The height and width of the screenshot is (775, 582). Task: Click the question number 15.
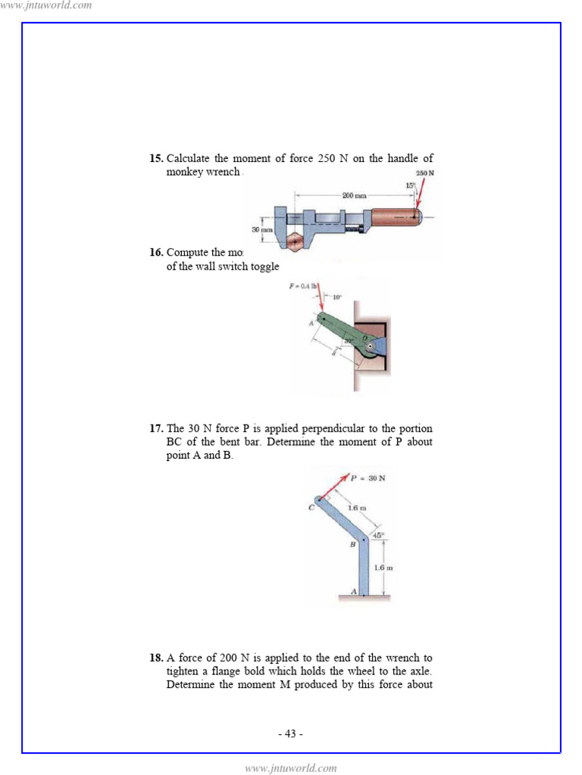(155, 159)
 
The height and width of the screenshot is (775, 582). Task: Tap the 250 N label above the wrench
(425, 173)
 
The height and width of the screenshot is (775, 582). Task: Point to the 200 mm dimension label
(354, 195)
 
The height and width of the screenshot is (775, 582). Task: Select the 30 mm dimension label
(261, 229)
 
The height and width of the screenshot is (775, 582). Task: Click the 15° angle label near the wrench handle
(411, 185)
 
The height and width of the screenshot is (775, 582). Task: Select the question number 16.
(155, 253)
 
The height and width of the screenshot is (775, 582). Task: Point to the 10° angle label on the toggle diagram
(336, 297)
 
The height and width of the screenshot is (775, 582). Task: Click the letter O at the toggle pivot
(362, 340)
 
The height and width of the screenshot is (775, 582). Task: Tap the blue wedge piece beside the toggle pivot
(379, 347)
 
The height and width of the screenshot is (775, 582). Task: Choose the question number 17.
(155, 429)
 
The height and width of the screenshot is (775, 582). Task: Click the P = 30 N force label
(368, 478)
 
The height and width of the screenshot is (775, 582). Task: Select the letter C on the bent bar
(311, 508)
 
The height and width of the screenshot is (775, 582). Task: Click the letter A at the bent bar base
(353, 590)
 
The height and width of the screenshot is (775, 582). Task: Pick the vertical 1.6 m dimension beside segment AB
(383, 567)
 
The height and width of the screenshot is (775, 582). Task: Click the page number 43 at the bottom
(291, 733)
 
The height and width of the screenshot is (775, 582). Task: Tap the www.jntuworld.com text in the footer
(291, 768)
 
